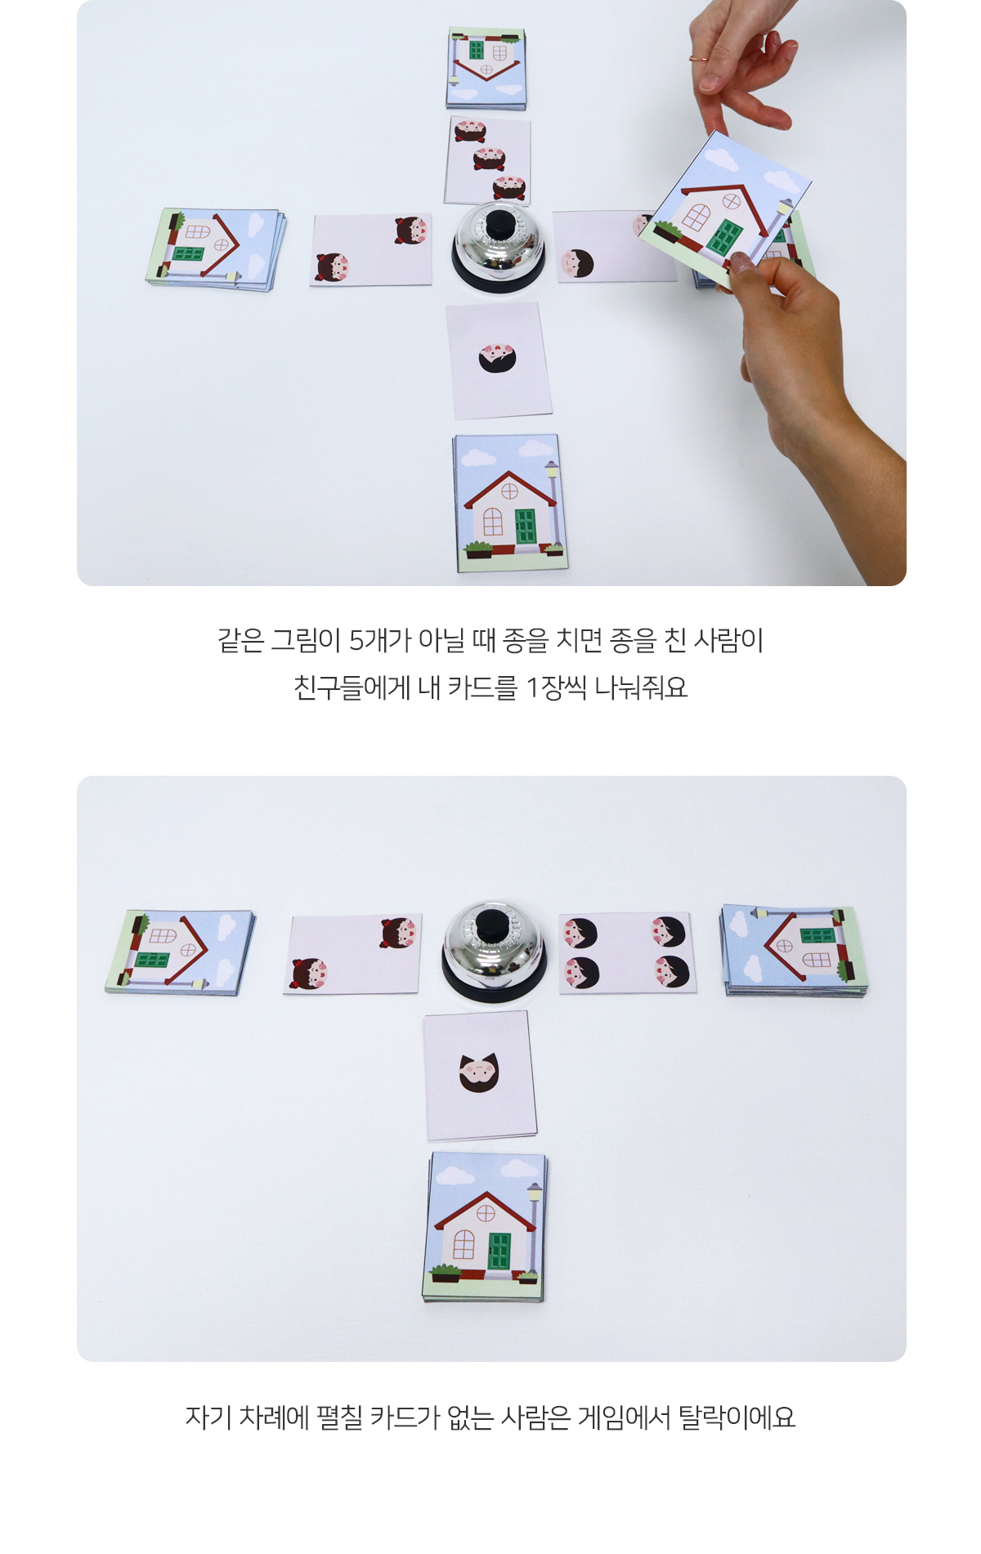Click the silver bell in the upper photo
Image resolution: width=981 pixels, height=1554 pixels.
click(x=498, y=245)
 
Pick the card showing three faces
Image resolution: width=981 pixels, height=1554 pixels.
click(x=488, y=161)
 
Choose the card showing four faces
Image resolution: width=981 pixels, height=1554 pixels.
click(x=628, y=952)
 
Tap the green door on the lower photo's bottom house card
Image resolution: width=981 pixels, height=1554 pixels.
click(x=499, y=1251)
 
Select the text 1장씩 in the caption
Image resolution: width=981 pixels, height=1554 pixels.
click(x=556, y=687)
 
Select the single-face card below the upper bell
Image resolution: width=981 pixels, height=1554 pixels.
click(x=499, y=361)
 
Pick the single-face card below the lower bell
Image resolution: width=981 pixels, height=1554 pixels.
click(x=480, y=1075)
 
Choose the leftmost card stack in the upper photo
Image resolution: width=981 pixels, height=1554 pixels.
click(x=217, y=249)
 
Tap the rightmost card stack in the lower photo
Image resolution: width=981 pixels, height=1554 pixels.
click(x=793, y=950)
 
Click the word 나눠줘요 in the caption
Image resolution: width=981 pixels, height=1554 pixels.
click(x=641, y=687)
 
